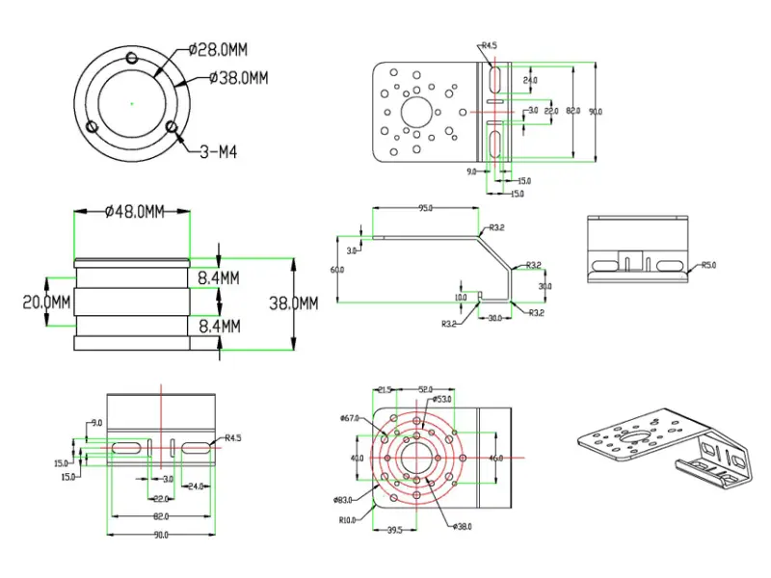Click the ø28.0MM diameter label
pos(217,48)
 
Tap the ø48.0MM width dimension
pos(135,213)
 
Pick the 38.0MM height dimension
pos(293,302)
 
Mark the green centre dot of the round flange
pos(132,100)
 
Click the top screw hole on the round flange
pos(132,56)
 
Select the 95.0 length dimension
pos(425,207)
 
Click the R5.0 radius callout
pos(709,264)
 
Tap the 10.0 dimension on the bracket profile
pos(461,298)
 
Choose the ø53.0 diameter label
pos(443,399)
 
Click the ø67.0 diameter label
pos(349,418)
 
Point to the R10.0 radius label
pos(348,520)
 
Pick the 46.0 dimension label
pos(496,459)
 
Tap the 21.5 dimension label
pos(385,389)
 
